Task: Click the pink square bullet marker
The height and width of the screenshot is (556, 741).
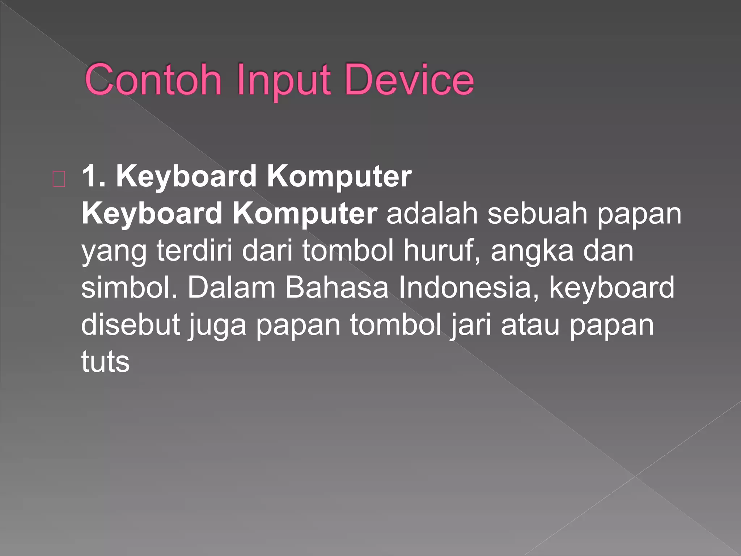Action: point(59,179)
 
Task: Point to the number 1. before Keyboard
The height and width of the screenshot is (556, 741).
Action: point(94,177)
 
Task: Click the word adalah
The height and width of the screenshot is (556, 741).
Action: point(432,214)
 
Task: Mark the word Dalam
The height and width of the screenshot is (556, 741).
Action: point(231,287)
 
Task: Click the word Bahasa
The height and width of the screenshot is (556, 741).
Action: point(336,287)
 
